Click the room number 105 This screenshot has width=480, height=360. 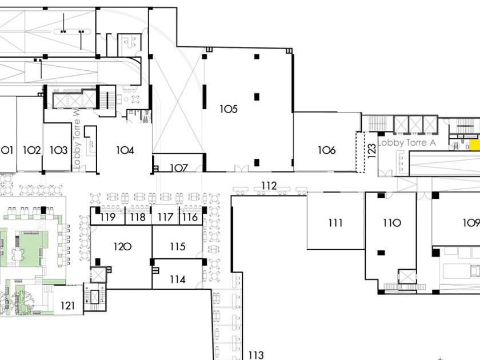(228, 109)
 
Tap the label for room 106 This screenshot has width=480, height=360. (327, 150)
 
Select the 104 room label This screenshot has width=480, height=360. (125, 150)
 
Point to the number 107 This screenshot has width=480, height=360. (179, 168)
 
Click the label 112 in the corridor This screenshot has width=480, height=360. (269, 186)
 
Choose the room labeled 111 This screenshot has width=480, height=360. (335, 223)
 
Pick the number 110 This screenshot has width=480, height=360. (392, 223)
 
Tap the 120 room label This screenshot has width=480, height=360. (122, 247)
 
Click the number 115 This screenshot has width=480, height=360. (177, 247)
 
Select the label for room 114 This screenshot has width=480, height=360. (177, 280)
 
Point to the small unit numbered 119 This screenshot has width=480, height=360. (107, 217)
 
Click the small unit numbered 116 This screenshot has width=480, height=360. (190, 217)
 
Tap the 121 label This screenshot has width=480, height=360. (67, 306)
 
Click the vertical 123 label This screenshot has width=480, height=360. (372, 151)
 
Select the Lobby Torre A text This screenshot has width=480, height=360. (403, 142)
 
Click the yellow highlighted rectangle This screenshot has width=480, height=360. (474, 145)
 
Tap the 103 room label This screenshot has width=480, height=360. (58, 150)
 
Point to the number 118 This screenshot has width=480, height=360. (137, 217)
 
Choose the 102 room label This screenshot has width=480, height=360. (32, 150)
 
